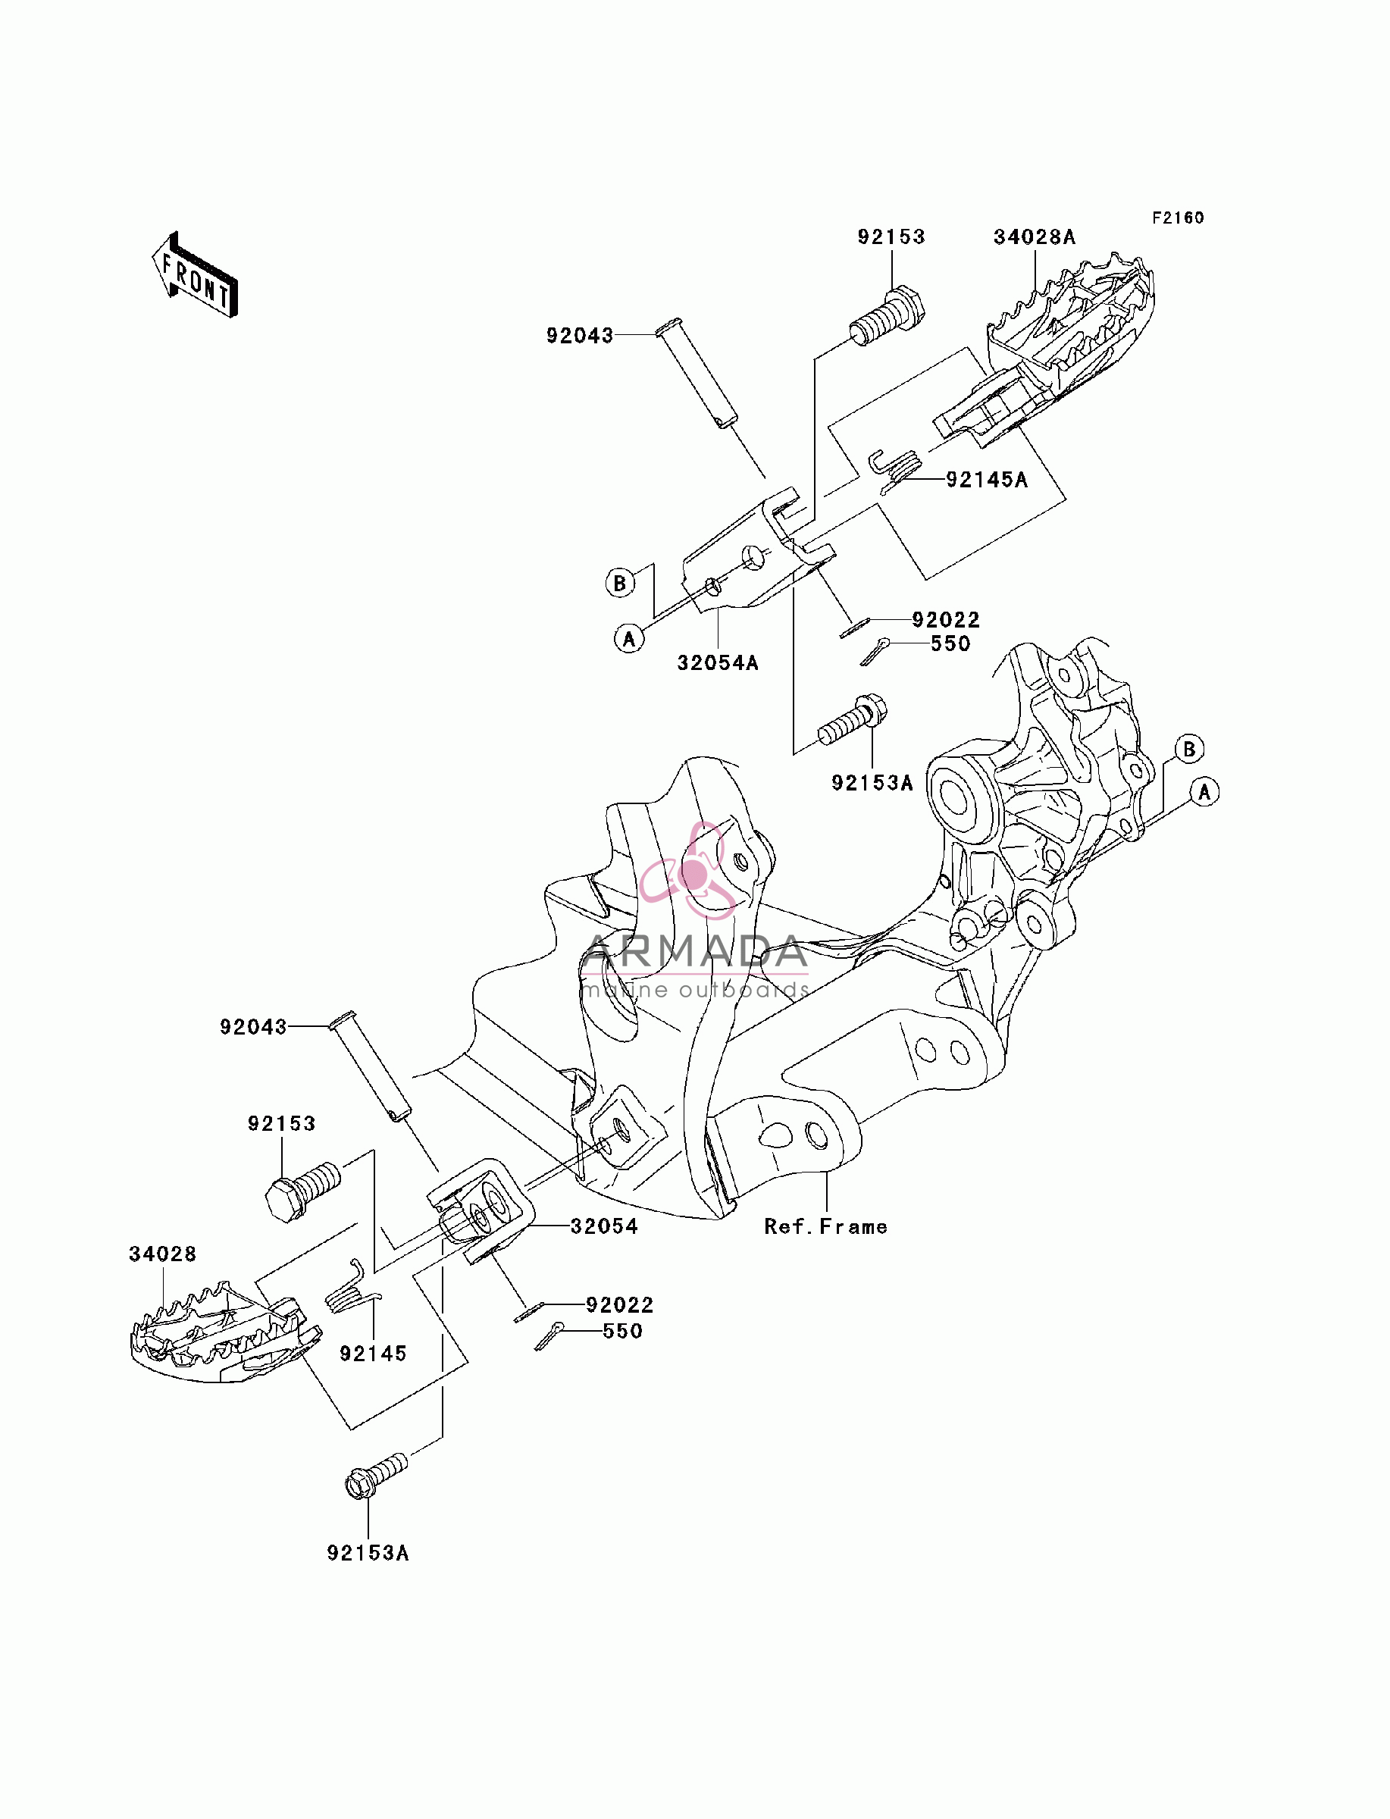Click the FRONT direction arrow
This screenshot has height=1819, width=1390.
click(195, 275)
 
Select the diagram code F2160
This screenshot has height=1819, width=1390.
click(1179, 218)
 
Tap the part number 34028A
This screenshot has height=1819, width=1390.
click(1035, 237)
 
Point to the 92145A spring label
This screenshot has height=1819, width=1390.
click(986, 480)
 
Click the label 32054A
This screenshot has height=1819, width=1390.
click(717, 662)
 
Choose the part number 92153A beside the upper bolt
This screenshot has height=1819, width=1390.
click(872, 782)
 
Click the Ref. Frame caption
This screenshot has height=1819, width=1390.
click(825, 1227)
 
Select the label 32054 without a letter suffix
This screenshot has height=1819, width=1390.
click(604, 1227)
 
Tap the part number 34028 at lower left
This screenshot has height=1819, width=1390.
click(163, 1254)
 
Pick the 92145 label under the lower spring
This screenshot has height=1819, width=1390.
click(373, 1354)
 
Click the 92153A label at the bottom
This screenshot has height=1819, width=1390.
click(368, 1553)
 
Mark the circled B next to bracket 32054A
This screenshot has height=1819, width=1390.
click(620, 582)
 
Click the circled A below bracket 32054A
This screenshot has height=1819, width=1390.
click(629, 639)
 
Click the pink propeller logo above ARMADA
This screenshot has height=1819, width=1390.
click(687, 871)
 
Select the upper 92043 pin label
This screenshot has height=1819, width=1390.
click(580, 336)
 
